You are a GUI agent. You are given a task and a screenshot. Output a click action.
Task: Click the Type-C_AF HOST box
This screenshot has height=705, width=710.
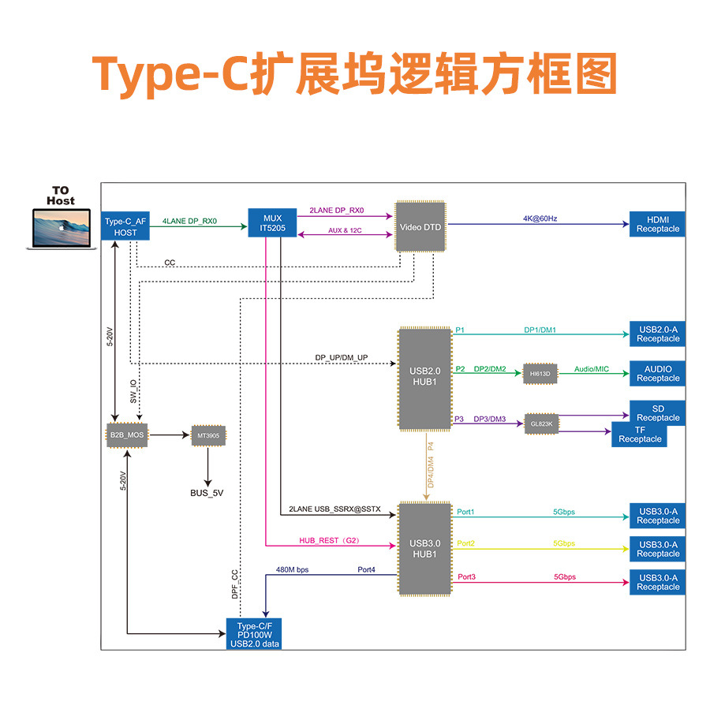pyautogui.click(x=125, y=227)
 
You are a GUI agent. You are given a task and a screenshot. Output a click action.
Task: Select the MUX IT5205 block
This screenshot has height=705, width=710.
pyautogui.click(x=272, y=224)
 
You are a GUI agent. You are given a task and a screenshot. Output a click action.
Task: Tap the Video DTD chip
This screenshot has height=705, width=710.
pyautogui.click(x=420, y=227)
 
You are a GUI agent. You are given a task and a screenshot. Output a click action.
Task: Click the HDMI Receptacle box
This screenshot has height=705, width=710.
pyautogui.click(x=657, y=224)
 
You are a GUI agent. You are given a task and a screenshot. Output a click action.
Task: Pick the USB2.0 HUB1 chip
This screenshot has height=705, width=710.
pyautogui.click(x=424, y=379)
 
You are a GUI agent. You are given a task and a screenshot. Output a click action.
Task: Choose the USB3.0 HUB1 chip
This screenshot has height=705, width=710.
pyautogui.click(x=424, y=548)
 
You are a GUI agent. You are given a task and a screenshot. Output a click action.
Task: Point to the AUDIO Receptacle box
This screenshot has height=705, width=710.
pyautogui.click(x=657, y=374)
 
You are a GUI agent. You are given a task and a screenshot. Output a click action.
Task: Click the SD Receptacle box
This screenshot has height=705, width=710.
pyautogui.click(x=657, y=412)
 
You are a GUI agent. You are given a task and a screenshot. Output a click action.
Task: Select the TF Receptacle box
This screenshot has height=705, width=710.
pyautogui.click(x=639, y=435)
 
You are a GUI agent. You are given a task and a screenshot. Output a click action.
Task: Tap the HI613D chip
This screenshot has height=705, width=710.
pyautogui.click(x=540, y=373)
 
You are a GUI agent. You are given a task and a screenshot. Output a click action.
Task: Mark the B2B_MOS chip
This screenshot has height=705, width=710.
pyautogui.click(x=127, y=435)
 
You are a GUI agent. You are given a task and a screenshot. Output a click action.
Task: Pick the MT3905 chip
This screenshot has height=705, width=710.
pyautogui.click(x=208, y=435)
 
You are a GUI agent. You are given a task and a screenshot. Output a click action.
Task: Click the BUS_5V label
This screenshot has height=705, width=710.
pyautogui.click(x=207, y=493)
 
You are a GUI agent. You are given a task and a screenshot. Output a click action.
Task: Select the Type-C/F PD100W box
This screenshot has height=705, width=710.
pyautogui.click(x=253, y=633)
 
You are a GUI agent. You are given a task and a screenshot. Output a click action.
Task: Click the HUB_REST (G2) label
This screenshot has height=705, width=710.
pyautogui.click(x=329, y=540)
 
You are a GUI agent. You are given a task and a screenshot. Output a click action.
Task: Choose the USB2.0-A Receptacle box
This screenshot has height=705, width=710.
pyautogui.click(x=657, y=334)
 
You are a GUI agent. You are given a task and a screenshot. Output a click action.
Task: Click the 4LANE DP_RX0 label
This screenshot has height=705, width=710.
pyautogui.click(x=189, y=221)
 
